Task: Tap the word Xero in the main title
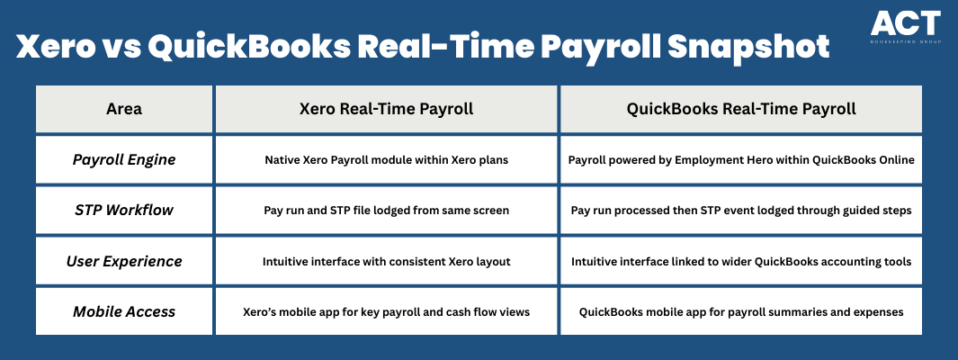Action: tap(53, 48)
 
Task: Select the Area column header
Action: tap(124, 109)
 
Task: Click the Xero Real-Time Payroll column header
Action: tap(386, 109)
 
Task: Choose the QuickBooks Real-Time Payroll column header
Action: tap(741, 109)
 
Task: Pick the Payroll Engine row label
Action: tap(124, 159)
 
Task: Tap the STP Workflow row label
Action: tap(124, 211)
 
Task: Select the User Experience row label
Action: tap(124, 261)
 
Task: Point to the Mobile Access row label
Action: tap(124, 311)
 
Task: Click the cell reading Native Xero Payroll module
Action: tap(386, 159)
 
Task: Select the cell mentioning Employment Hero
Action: tap(741, 159)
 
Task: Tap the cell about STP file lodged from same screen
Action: tap(386, 211)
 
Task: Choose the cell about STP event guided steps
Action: tap(741, 211)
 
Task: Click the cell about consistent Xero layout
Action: tap(386, 261)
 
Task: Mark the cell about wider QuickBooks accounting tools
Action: tap(741, 261)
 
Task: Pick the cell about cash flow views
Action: tap(386, 311)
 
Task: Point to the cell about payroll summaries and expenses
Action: tap(741, 311)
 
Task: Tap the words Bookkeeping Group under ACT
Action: tap(906, 41)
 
